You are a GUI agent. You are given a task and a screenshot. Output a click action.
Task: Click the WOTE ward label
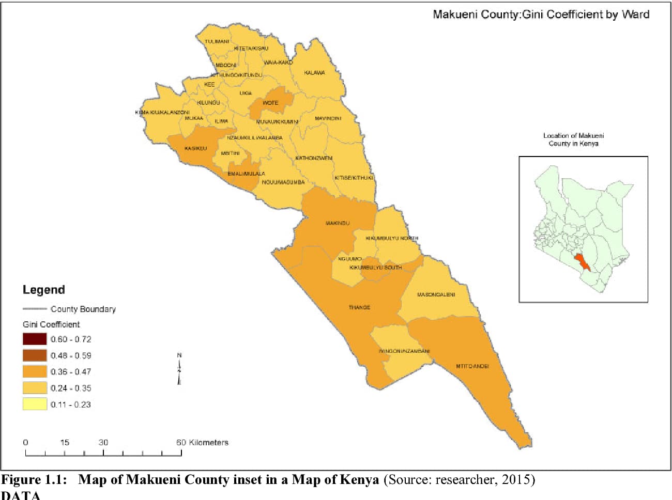point(270,103)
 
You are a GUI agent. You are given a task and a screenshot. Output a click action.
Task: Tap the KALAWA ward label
point(314,73)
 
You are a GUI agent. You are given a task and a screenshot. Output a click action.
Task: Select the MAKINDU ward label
point(338,223)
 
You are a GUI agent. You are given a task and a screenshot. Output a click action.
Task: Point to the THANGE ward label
point(359,307)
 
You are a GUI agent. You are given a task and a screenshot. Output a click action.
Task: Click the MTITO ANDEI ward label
point(472,366)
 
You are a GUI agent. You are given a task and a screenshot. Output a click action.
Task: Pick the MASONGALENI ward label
point(436,295)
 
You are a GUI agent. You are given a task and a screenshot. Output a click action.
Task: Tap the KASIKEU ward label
point(195,148)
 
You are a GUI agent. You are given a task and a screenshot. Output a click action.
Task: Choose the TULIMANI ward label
point(217,41)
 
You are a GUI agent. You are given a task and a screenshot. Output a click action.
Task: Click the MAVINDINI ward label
point(328,118)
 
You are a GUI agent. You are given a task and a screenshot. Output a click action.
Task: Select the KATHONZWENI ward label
point(314,158)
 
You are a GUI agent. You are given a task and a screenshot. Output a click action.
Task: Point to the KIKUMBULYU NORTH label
point(392,238)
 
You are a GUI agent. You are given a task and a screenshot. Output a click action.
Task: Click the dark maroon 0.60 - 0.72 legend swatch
point(35,339)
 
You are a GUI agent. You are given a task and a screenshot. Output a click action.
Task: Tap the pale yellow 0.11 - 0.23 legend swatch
point(35,404)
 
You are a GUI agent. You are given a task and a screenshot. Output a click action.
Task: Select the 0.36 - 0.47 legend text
point(71,372)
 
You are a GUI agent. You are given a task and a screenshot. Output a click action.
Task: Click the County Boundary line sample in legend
point(35,309)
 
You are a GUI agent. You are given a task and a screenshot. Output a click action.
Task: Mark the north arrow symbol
point(179,369)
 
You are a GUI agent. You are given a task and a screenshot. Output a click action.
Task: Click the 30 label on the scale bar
point(103,442)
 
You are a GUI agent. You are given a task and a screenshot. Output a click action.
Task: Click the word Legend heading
point(44,290)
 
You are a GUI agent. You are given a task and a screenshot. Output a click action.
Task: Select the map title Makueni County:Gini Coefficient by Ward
point(541,14)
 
